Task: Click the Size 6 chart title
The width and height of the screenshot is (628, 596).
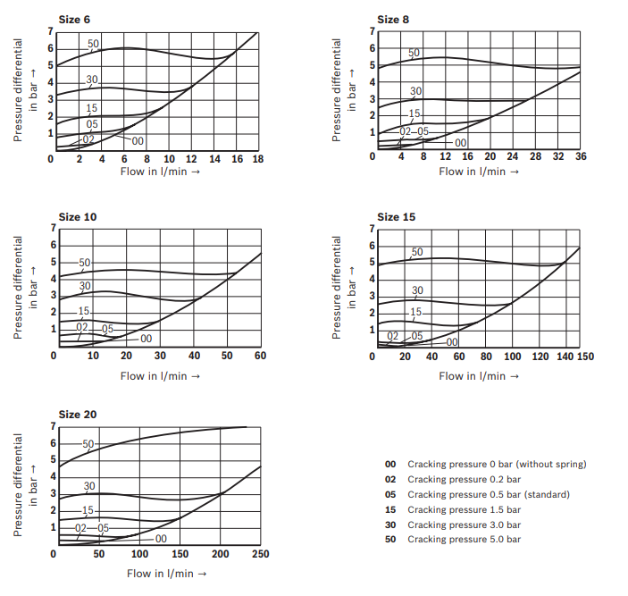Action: coord(74,19)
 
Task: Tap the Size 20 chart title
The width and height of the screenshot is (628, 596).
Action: coord(78,415)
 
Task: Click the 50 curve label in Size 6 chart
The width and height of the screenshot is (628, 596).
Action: coord(93,43)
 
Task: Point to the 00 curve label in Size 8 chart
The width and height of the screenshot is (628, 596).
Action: coord(461,142)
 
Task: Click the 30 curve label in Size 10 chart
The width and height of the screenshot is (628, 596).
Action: coord(86,286)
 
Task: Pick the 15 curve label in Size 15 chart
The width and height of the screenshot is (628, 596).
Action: coord(415,312)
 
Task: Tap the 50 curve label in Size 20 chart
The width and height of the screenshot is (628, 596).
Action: coord(88,444)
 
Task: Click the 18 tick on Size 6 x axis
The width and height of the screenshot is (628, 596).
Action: coord(258,158)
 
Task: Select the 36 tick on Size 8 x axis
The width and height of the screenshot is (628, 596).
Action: coord(580,158)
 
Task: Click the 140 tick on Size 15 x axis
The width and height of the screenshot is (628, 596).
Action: coord(563,357)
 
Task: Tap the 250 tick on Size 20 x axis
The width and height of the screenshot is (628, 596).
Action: coord(260,553)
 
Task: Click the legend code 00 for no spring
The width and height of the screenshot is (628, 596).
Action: coord(390,464)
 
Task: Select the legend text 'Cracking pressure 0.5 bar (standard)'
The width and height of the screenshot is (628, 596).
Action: coord(488,494)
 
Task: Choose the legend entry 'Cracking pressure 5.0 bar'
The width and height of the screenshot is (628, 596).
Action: coord(464,539)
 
